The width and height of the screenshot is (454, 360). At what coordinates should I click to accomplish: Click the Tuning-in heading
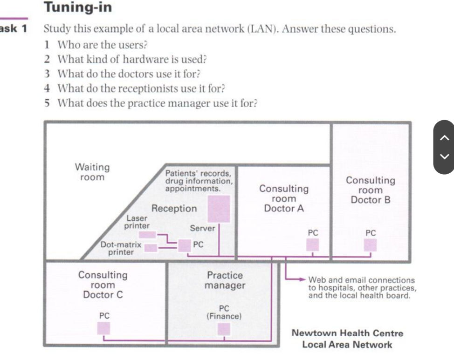[x=78, y=7]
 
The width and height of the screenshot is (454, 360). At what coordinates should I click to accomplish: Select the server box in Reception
[x=219, y=209]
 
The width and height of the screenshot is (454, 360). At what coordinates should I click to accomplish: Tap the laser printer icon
[x=147, y=235]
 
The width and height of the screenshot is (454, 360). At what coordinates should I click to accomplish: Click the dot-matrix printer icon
[x=151, y=248]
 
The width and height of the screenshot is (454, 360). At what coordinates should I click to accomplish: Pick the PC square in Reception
[x=185, y=245]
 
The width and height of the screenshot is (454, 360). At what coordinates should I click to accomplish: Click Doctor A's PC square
[x=312, y=245]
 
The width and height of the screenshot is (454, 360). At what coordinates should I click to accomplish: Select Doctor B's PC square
[x=371, y=245]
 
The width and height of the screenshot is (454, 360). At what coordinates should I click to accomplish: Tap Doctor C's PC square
[x=104, y=328]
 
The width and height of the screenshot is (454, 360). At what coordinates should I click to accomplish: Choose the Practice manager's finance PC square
[x=224, y=329]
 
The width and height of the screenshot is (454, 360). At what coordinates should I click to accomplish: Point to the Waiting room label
[x=92, y=171]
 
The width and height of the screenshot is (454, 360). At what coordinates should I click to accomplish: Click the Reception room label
[x=174, y=209]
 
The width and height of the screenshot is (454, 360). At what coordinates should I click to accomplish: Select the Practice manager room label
[x=225, y=280]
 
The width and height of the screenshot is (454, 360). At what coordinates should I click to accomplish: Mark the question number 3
[x=47, y=74]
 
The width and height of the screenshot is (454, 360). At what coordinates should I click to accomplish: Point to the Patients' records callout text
[x=199, y=181]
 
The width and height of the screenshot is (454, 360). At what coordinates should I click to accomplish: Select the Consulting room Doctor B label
[x=370, y=190]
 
